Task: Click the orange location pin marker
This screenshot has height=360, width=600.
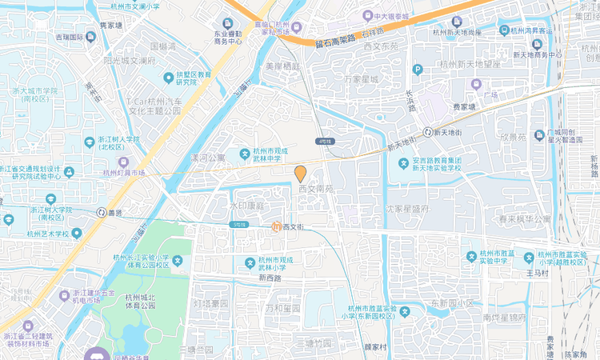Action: [x=301, y=174]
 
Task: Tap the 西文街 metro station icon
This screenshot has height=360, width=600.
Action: [x=276, y=227]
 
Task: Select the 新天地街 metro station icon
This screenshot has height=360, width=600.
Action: [x=429, y=132]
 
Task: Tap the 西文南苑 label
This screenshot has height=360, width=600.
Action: [x=315, y=190]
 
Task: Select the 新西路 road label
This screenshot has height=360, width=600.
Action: [x=270, y=278]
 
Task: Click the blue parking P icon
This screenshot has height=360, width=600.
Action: [x=417, y=70]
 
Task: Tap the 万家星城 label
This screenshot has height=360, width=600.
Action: [x=360, y=80]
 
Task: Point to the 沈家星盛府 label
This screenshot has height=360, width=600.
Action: [x=407, y=209]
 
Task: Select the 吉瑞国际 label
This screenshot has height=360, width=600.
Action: [x=70, y=37]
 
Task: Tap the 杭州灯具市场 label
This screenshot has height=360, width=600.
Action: [x=124, y=172]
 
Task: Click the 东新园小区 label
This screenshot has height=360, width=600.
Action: [x=452, y=303]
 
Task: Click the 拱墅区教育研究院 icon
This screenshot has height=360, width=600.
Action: [x=169, y=78]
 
